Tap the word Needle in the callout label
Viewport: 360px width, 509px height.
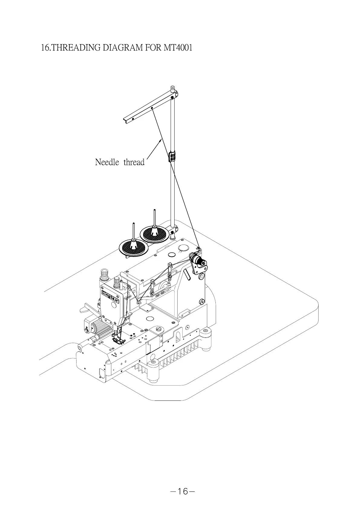pos(107,162)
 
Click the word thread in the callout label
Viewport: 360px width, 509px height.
pos(134,162)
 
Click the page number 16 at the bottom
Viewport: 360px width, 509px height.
pos(182,491)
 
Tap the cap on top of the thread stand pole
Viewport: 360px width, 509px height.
pos(172,89)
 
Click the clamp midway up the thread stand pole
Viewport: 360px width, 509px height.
pos(172,157)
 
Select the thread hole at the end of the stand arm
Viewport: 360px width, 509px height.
pos(152,108)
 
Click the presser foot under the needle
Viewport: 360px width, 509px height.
pos(119,340)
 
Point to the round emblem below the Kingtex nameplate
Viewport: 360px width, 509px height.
pos(114,305)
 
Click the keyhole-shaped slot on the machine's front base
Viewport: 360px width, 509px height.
pos(178,336)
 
